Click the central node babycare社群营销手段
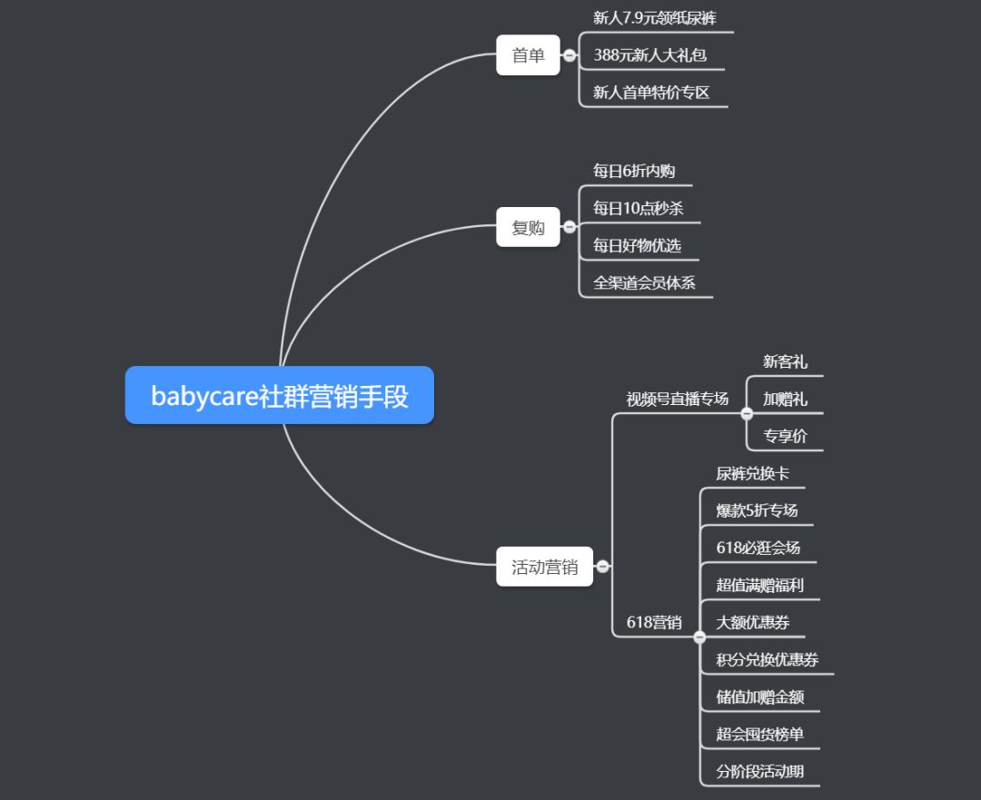[x=279, y=396]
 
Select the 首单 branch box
[x=528, y=55]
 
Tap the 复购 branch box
[x=528, y=227]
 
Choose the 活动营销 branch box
[x=544, y=567]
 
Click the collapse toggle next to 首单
[x=570, y=55]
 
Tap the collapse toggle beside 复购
[x=570, y=227]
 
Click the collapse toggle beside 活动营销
[x=602, y=567]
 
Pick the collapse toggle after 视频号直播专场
[x=747, y=414]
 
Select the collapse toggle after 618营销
[x=699, y=637]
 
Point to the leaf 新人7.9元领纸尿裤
[x=654, y=18]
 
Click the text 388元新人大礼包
[x=649, y=55]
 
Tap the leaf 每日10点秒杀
[x=638, y=208]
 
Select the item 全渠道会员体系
[x=644, y=282]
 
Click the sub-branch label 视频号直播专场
[x=677, y=399]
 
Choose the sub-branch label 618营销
[x=654, y=622]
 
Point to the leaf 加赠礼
[x=785, y=399]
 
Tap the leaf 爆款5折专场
[x=757, y=510]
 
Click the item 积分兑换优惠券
[x=767, y=659]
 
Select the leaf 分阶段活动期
[x=759, y=771]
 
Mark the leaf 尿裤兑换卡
[x=752, y=473]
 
